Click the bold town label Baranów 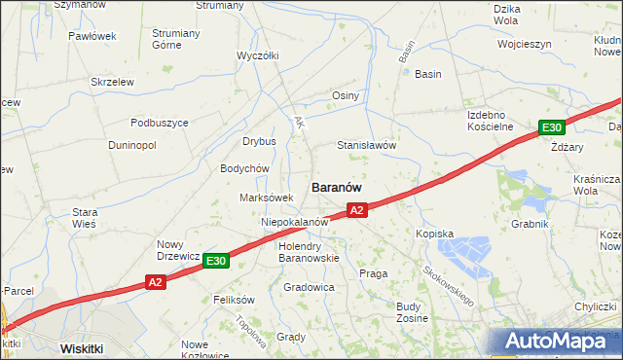tap(337, 186)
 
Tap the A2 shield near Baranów tap(357, 210)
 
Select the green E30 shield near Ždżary tap(552, 127)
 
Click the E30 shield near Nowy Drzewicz tap(216, 261)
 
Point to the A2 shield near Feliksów tap(156, 282)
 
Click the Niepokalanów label tap(293, 222)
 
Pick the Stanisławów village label tap(365, 145)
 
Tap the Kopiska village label tap(435, 234)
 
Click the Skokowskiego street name tap(449, 284)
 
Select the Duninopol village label tap(131, 145)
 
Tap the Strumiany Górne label tap(180, 38)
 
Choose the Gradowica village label tap(309, 288)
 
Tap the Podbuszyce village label tap(160, 123)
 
